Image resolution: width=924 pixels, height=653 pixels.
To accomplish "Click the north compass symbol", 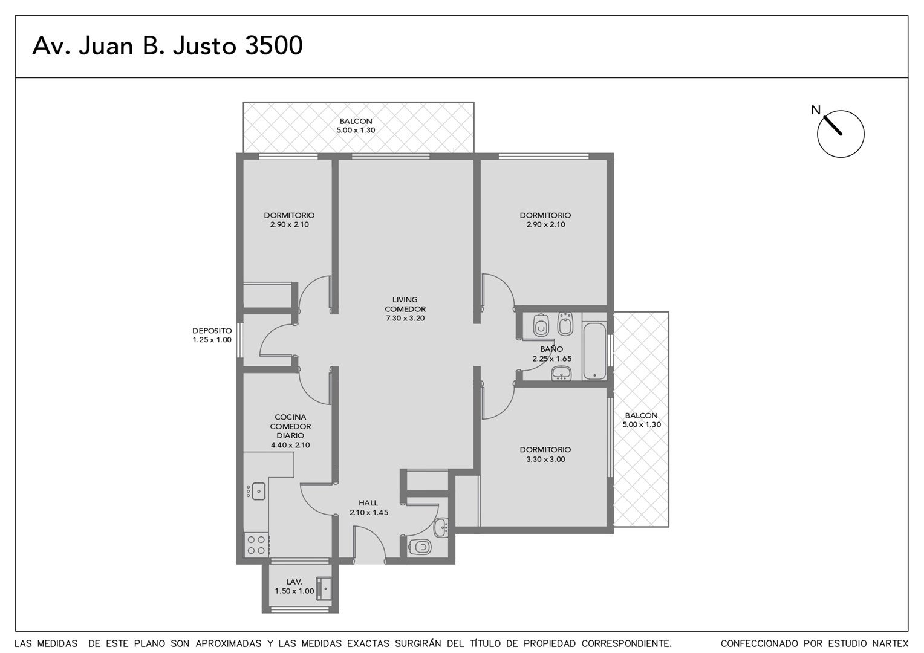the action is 841,134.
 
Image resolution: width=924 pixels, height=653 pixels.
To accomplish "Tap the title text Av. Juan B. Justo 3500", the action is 168,45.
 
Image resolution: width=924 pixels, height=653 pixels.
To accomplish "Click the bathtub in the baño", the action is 594,351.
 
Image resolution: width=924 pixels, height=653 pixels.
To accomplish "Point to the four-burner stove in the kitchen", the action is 256,545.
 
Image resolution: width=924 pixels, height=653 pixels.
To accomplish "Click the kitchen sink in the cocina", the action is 256,491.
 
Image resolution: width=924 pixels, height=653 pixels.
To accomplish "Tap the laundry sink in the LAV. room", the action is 324,589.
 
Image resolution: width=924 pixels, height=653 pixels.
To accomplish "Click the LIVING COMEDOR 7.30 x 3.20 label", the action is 405,309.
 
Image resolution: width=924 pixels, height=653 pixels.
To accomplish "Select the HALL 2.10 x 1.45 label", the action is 369,508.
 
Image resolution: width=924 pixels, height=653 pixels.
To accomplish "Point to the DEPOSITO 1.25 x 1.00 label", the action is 212,336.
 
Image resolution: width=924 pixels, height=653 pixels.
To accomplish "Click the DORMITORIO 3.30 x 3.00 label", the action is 545,455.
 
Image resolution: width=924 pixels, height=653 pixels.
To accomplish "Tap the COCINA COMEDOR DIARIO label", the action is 290,426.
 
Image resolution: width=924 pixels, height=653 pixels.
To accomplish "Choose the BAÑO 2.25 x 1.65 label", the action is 551,354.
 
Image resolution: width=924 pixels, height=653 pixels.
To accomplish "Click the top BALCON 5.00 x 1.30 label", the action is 356,125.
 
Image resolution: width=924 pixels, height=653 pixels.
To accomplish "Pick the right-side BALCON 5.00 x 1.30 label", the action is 642,420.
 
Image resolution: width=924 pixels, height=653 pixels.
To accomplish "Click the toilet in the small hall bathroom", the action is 420,547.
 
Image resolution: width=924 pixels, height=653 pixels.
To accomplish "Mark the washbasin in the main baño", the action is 561,373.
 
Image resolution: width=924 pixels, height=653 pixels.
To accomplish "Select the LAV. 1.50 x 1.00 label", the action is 294,586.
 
